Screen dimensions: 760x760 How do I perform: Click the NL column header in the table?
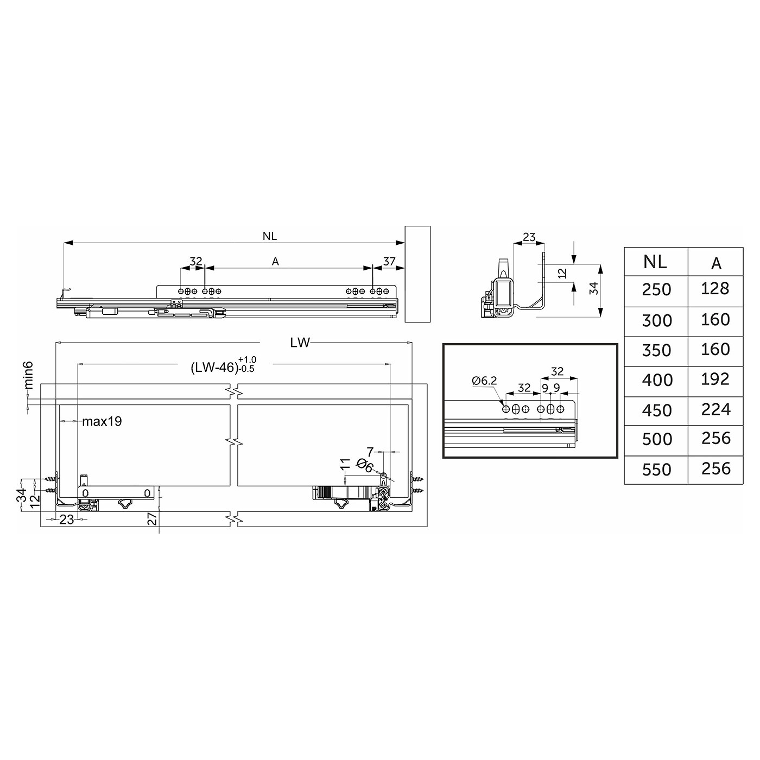pos(655,262)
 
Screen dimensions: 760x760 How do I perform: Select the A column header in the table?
pos(716,263)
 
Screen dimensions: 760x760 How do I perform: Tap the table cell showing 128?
pos(715,289)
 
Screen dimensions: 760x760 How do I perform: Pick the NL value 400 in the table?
pos(657,380)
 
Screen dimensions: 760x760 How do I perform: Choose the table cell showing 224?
pos(715,410)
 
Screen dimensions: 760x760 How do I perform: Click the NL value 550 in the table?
pos(657,470)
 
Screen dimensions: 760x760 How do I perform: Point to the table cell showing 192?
pos(715,379)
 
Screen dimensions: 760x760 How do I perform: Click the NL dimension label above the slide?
pos(270,236)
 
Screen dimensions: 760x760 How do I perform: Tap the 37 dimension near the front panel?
pos(389,261)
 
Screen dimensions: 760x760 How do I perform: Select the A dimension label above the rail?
pos(275,261)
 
